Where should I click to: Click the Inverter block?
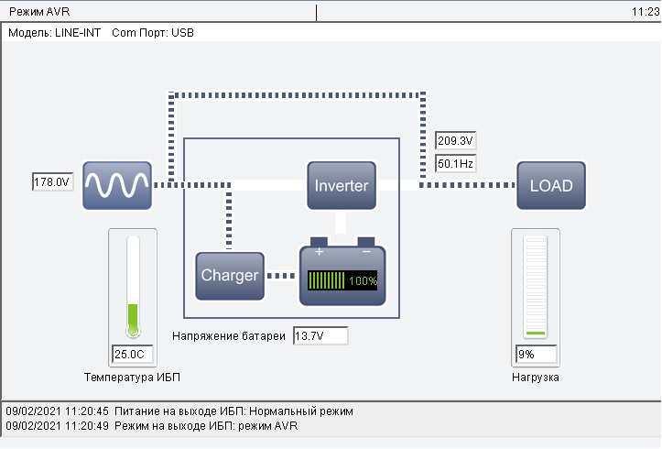(342, 185)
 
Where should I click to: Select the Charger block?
(230, 275)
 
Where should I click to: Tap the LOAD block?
(551, 185)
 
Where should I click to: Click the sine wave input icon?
(116, 185)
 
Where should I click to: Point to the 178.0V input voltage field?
(51, 182)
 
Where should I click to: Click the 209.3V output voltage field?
(455, 141)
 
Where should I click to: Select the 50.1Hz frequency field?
(455, 163)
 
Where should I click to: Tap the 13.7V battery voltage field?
(320, 336)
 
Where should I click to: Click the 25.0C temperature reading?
(132, 354)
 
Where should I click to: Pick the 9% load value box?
(536, 354)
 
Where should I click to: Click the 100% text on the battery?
(363, 281)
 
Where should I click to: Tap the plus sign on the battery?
(319, 251)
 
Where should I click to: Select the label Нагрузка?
(536, 377)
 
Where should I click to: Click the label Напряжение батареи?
(229, 336)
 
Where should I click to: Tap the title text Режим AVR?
(39, 12)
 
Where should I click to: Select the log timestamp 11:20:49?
(87, 426)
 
